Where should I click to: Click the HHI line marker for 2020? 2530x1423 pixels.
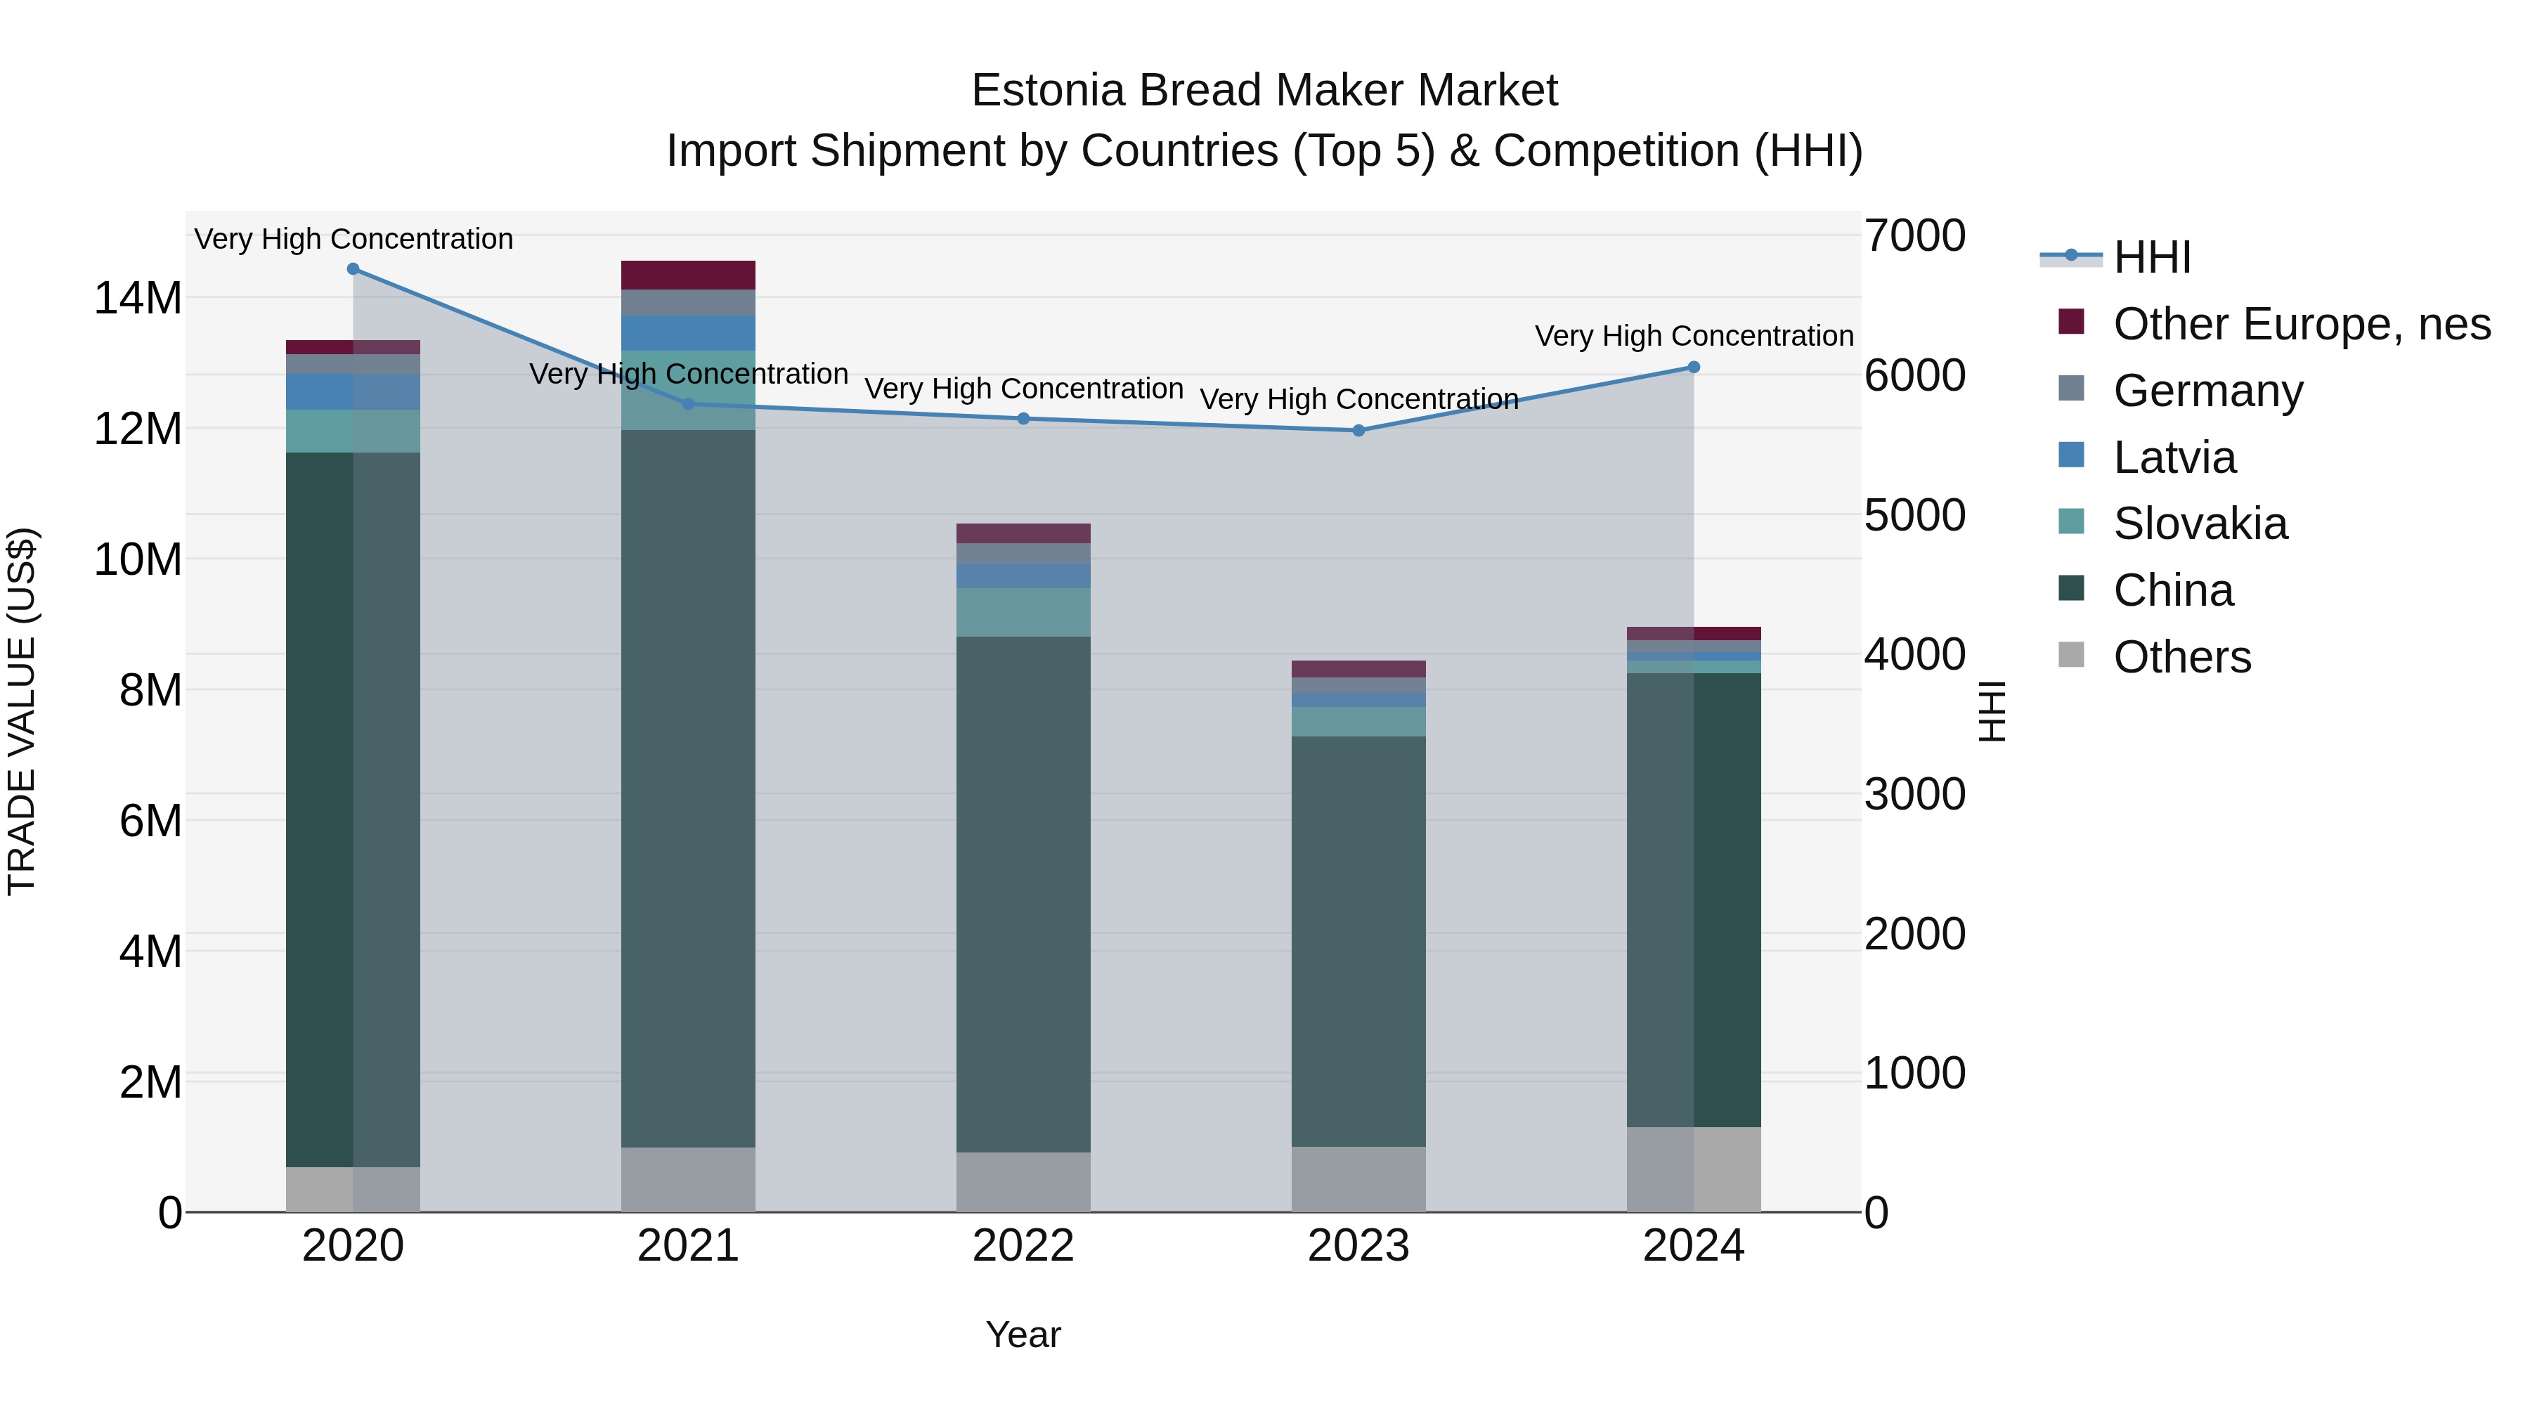pyautogui.click(x=353, y=269)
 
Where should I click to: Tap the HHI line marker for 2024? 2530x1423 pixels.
pyautogui.click(x=1693, y=368)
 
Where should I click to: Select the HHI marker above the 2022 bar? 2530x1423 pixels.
pyautogui.click(x=1023, y=418)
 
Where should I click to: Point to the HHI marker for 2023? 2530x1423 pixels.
pyautogui.click(x=1358, y=430)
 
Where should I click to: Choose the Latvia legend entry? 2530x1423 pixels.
pyautogui.click(x=2174, y=457)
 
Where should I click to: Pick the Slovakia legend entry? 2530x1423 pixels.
pyautogui.click(x=2199, y=524)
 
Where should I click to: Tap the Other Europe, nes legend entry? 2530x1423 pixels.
pyautogui.click(x=2300, y=324)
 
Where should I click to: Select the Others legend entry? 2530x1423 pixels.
pyautogui.click(x=2181, y=657)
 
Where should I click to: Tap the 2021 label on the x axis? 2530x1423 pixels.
pyautogui.click(x=687, y=1246)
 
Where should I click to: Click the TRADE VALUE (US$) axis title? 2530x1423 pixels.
pyautogui.click(x=22, y=711)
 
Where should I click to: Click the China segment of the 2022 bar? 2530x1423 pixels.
pyautogui.click(x=1023, y=894)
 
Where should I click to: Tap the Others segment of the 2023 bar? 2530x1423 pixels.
pyautogui.click(x=1358, y=1178)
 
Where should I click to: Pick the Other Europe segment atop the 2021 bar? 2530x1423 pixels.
pyautogui.click(x=687, y=275)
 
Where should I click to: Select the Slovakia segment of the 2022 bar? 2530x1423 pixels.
pyautogui.click(x=1023, y=612)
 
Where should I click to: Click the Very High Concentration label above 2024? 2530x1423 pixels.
pyautogui.click(x=1693, y=336)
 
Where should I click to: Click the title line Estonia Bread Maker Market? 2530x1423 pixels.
pyautogui.click(x=1264, y=91)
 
